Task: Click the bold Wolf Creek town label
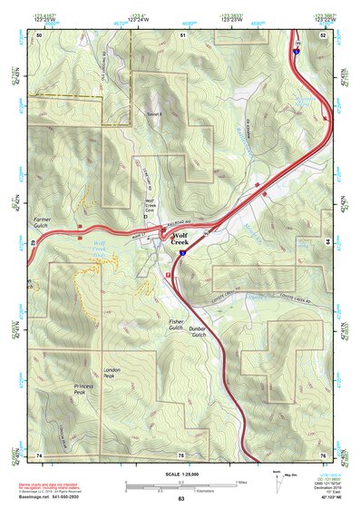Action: point(180,239)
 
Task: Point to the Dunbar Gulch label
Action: point(200,333)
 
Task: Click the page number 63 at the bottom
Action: point(180,500)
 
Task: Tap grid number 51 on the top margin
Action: point(182,34)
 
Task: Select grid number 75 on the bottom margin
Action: point(181,455)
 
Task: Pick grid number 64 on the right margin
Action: point(326,243)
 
